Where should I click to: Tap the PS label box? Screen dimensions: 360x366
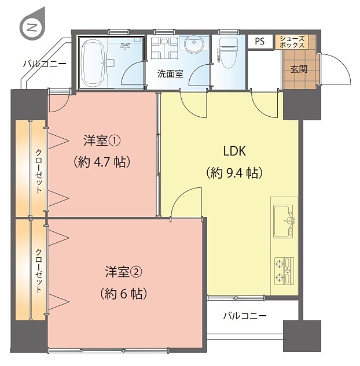click(x=260, y=42)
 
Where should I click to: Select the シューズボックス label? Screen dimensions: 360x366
click(x=292, y=42)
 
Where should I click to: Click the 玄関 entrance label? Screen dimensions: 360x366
click(x=299, y=69)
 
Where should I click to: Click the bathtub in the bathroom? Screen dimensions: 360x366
click(x=93, y=63)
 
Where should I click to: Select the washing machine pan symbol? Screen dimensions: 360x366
click(x=164, y=48)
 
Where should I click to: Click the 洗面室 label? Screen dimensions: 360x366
click(x=170, y=74)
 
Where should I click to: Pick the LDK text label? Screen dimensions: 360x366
click(x=234, y=151)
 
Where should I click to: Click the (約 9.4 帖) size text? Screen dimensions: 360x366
click(x=234, y=173)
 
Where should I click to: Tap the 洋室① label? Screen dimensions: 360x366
click(x=102, y=141)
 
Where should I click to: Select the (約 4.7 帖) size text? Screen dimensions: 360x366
click(x=102, y=162)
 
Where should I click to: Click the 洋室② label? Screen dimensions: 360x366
click(x=123, y=272)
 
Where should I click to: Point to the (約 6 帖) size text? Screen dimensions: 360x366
click(x=123, y=294)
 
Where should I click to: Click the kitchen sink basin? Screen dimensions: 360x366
click(x=284, y=221)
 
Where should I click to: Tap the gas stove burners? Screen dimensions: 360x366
click(x=284, y=271)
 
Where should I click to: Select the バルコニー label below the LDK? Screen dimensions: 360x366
click(x=245, y=316)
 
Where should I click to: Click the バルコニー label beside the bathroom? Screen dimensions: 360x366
click(x=45, y=64)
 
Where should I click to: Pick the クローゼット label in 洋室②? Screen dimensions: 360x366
click(x=39, y=271)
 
